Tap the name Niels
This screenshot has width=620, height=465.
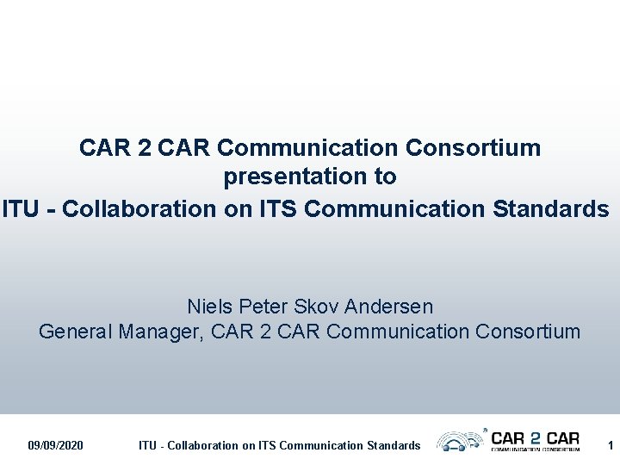pos(210,307)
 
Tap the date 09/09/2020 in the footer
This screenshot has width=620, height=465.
pos(55,445)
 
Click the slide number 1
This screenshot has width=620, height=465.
pos(610,445)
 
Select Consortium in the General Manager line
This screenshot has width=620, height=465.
pos(528,332)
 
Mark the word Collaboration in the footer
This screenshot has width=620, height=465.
pos(201,445)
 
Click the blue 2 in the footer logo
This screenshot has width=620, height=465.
pos(536,438)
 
